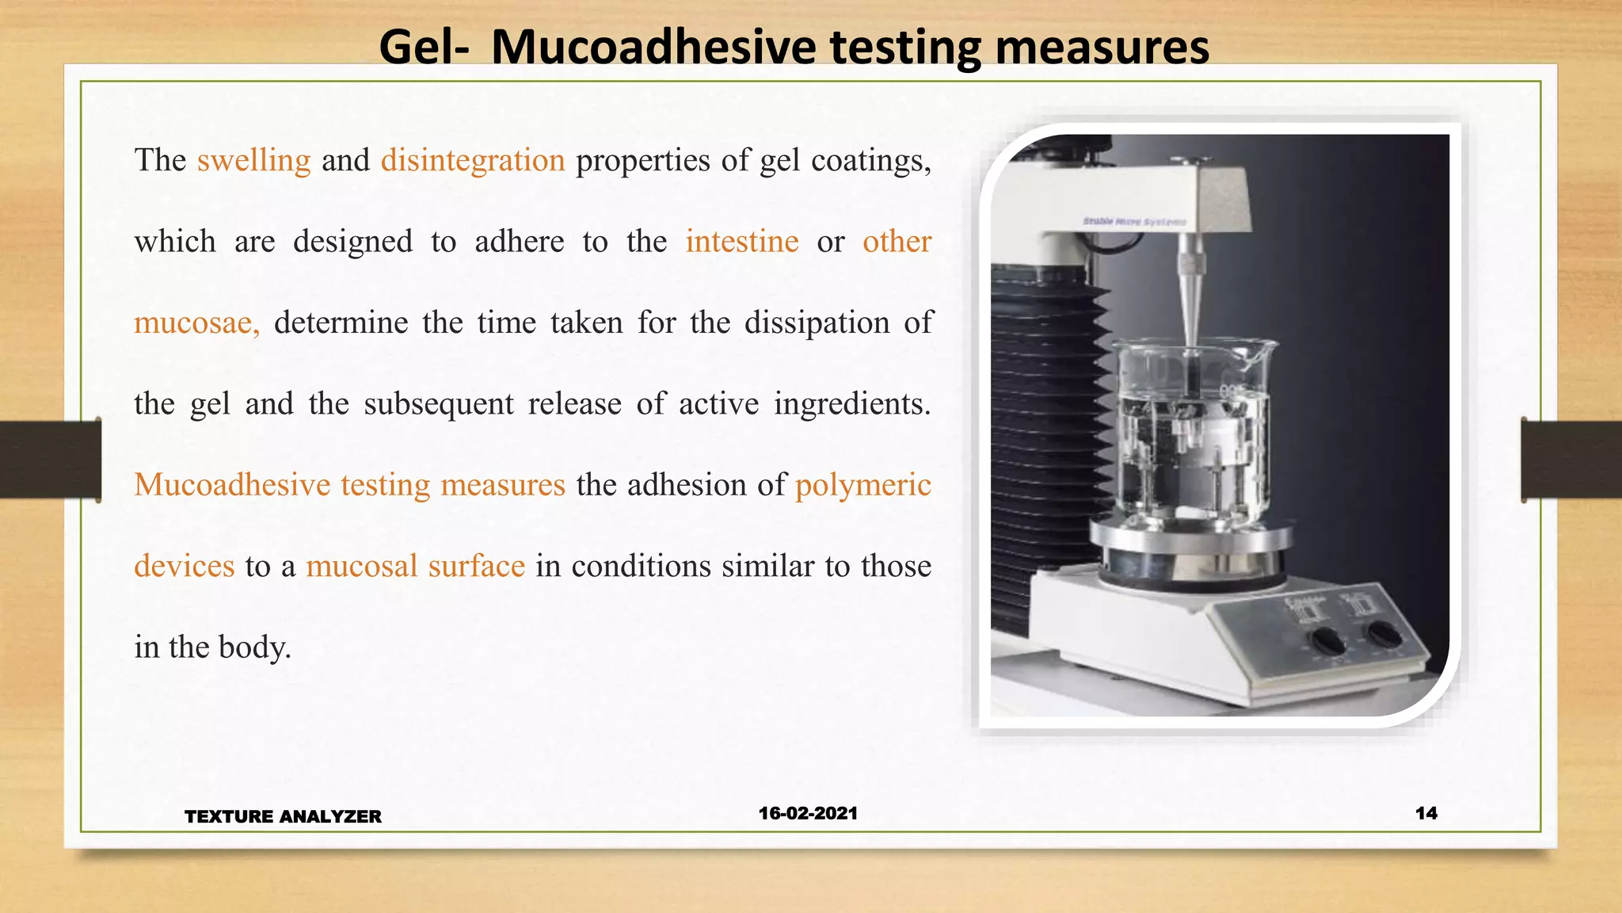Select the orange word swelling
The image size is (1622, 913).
point(253,161)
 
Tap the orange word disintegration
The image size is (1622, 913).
point(473,161)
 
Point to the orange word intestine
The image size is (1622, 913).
point(742,242)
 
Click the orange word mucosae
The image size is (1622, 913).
point(196,323)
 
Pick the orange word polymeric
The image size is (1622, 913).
point(863,485)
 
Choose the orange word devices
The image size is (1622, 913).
point(185,567)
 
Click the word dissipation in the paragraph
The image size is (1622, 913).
point(817,323)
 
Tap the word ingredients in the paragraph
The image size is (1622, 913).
point(851,404)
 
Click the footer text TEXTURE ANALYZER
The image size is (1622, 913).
point(283,816)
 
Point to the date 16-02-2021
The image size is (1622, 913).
point(808,813)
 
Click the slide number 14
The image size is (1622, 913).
point(1426,813)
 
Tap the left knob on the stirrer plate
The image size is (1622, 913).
point(1325,640)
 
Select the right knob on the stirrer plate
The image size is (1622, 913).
point(1384,632)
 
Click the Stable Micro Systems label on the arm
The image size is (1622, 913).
point(1134,222)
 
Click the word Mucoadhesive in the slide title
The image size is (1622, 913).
point(653,48)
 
